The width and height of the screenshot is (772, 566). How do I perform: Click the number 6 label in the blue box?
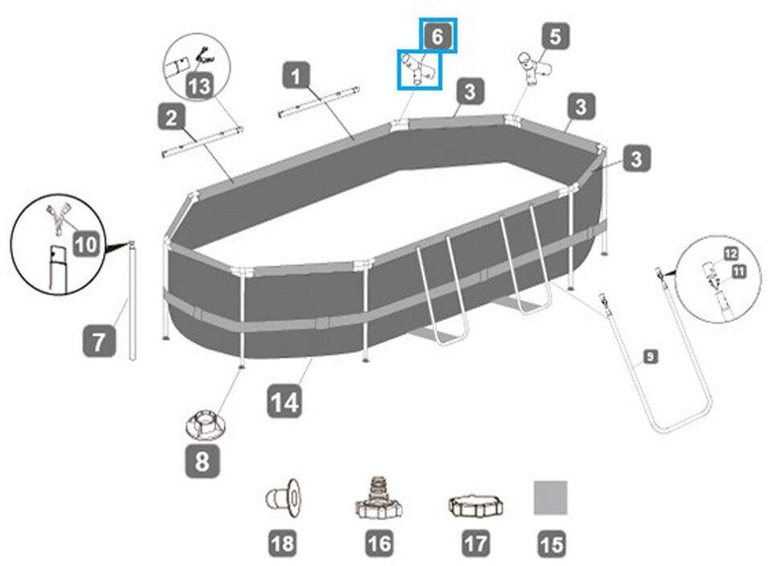pos(437,36)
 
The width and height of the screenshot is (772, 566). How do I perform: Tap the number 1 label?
pos(297,77)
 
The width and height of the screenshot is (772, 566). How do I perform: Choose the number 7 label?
pos(98,342)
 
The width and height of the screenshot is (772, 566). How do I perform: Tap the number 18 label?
pos(282,543)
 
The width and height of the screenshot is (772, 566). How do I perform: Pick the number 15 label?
pos(551,544)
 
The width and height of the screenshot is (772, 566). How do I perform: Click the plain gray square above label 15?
pos(551,498)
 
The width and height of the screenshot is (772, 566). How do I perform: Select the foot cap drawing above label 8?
pos(204,422)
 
